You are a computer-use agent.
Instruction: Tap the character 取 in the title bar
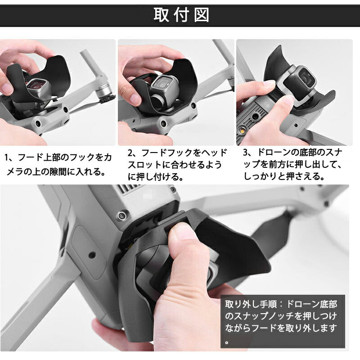click(x=161, y=15)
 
